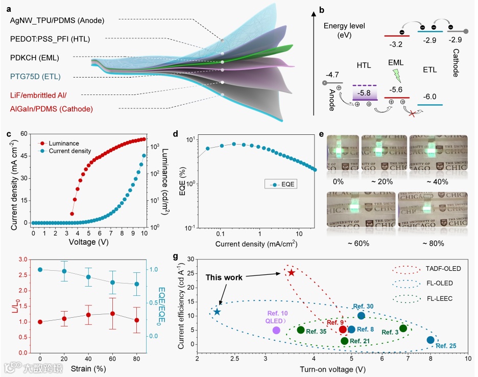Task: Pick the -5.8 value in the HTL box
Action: [x=365, y=93]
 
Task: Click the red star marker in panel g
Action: [x=291, y=273]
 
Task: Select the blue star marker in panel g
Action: [x=217, y=312]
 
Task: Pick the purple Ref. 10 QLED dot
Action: [x=276, y=330]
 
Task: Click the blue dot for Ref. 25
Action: [x=431, y=340]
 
